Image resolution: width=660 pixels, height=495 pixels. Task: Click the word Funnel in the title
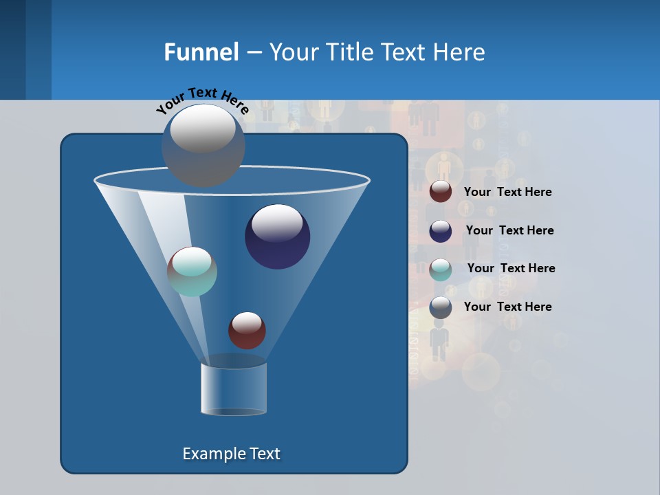201,52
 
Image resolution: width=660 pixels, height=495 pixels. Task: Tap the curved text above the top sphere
202,100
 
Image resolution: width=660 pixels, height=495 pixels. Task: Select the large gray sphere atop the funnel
203,145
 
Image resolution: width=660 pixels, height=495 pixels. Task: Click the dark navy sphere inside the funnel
278,236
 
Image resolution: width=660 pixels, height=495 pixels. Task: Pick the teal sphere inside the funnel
192,272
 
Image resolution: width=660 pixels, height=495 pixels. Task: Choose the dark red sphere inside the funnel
247,330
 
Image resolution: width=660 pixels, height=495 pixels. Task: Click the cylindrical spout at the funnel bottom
234,388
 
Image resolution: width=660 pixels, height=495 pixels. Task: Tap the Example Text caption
231,454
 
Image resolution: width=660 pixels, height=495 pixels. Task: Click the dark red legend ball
441,192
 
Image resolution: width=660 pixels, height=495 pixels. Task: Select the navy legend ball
441,231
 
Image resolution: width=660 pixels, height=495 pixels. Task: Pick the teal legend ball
441,269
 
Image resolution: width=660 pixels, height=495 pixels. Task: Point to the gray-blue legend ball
441,307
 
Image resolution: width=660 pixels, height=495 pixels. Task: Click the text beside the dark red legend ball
507,192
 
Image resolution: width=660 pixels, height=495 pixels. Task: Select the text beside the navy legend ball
509,230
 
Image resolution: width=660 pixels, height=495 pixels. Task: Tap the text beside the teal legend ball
511,268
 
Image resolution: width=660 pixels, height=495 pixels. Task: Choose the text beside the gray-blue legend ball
507,307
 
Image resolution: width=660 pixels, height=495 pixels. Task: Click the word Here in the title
461,52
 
